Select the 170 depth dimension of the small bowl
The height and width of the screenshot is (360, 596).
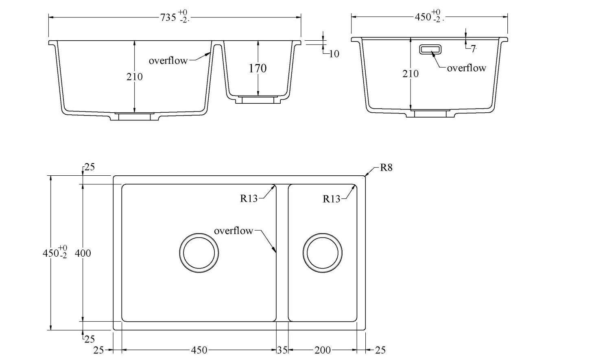click(x=258, y=68)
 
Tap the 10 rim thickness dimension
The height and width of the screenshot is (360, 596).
click(x=334, y=54)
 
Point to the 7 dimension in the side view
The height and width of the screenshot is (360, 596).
click(x=473, y=49)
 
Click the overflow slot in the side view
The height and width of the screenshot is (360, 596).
click(x=430, y=49)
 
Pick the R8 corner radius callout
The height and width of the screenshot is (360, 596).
click(x=386, y=168)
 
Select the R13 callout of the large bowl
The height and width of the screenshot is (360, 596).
click(x=249, y=199)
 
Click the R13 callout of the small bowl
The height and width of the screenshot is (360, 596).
click(x=331, y=199)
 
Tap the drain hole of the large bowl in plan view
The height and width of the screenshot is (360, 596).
click(x=199, y=253)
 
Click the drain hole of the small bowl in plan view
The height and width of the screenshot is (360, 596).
click(x=323, y=253)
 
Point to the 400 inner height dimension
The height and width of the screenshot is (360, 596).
click(x=83, y=253)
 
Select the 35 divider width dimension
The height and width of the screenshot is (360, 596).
click(x=282, y=350)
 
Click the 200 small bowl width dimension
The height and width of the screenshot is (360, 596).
click(x=323, y=350)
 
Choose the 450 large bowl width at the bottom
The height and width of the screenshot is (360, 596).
click(x=199, y=350)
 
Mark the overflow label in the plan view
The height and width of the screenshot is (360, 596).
click(x=233, y=231)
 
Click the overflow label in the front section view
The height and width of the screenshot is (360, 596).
click(x=168, y=61)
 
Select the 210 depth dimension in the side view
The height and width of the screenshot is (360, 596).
click(x=410, y=74)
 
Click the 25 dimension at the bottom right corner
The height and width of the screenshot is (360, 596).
click(x=380, y=350)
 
